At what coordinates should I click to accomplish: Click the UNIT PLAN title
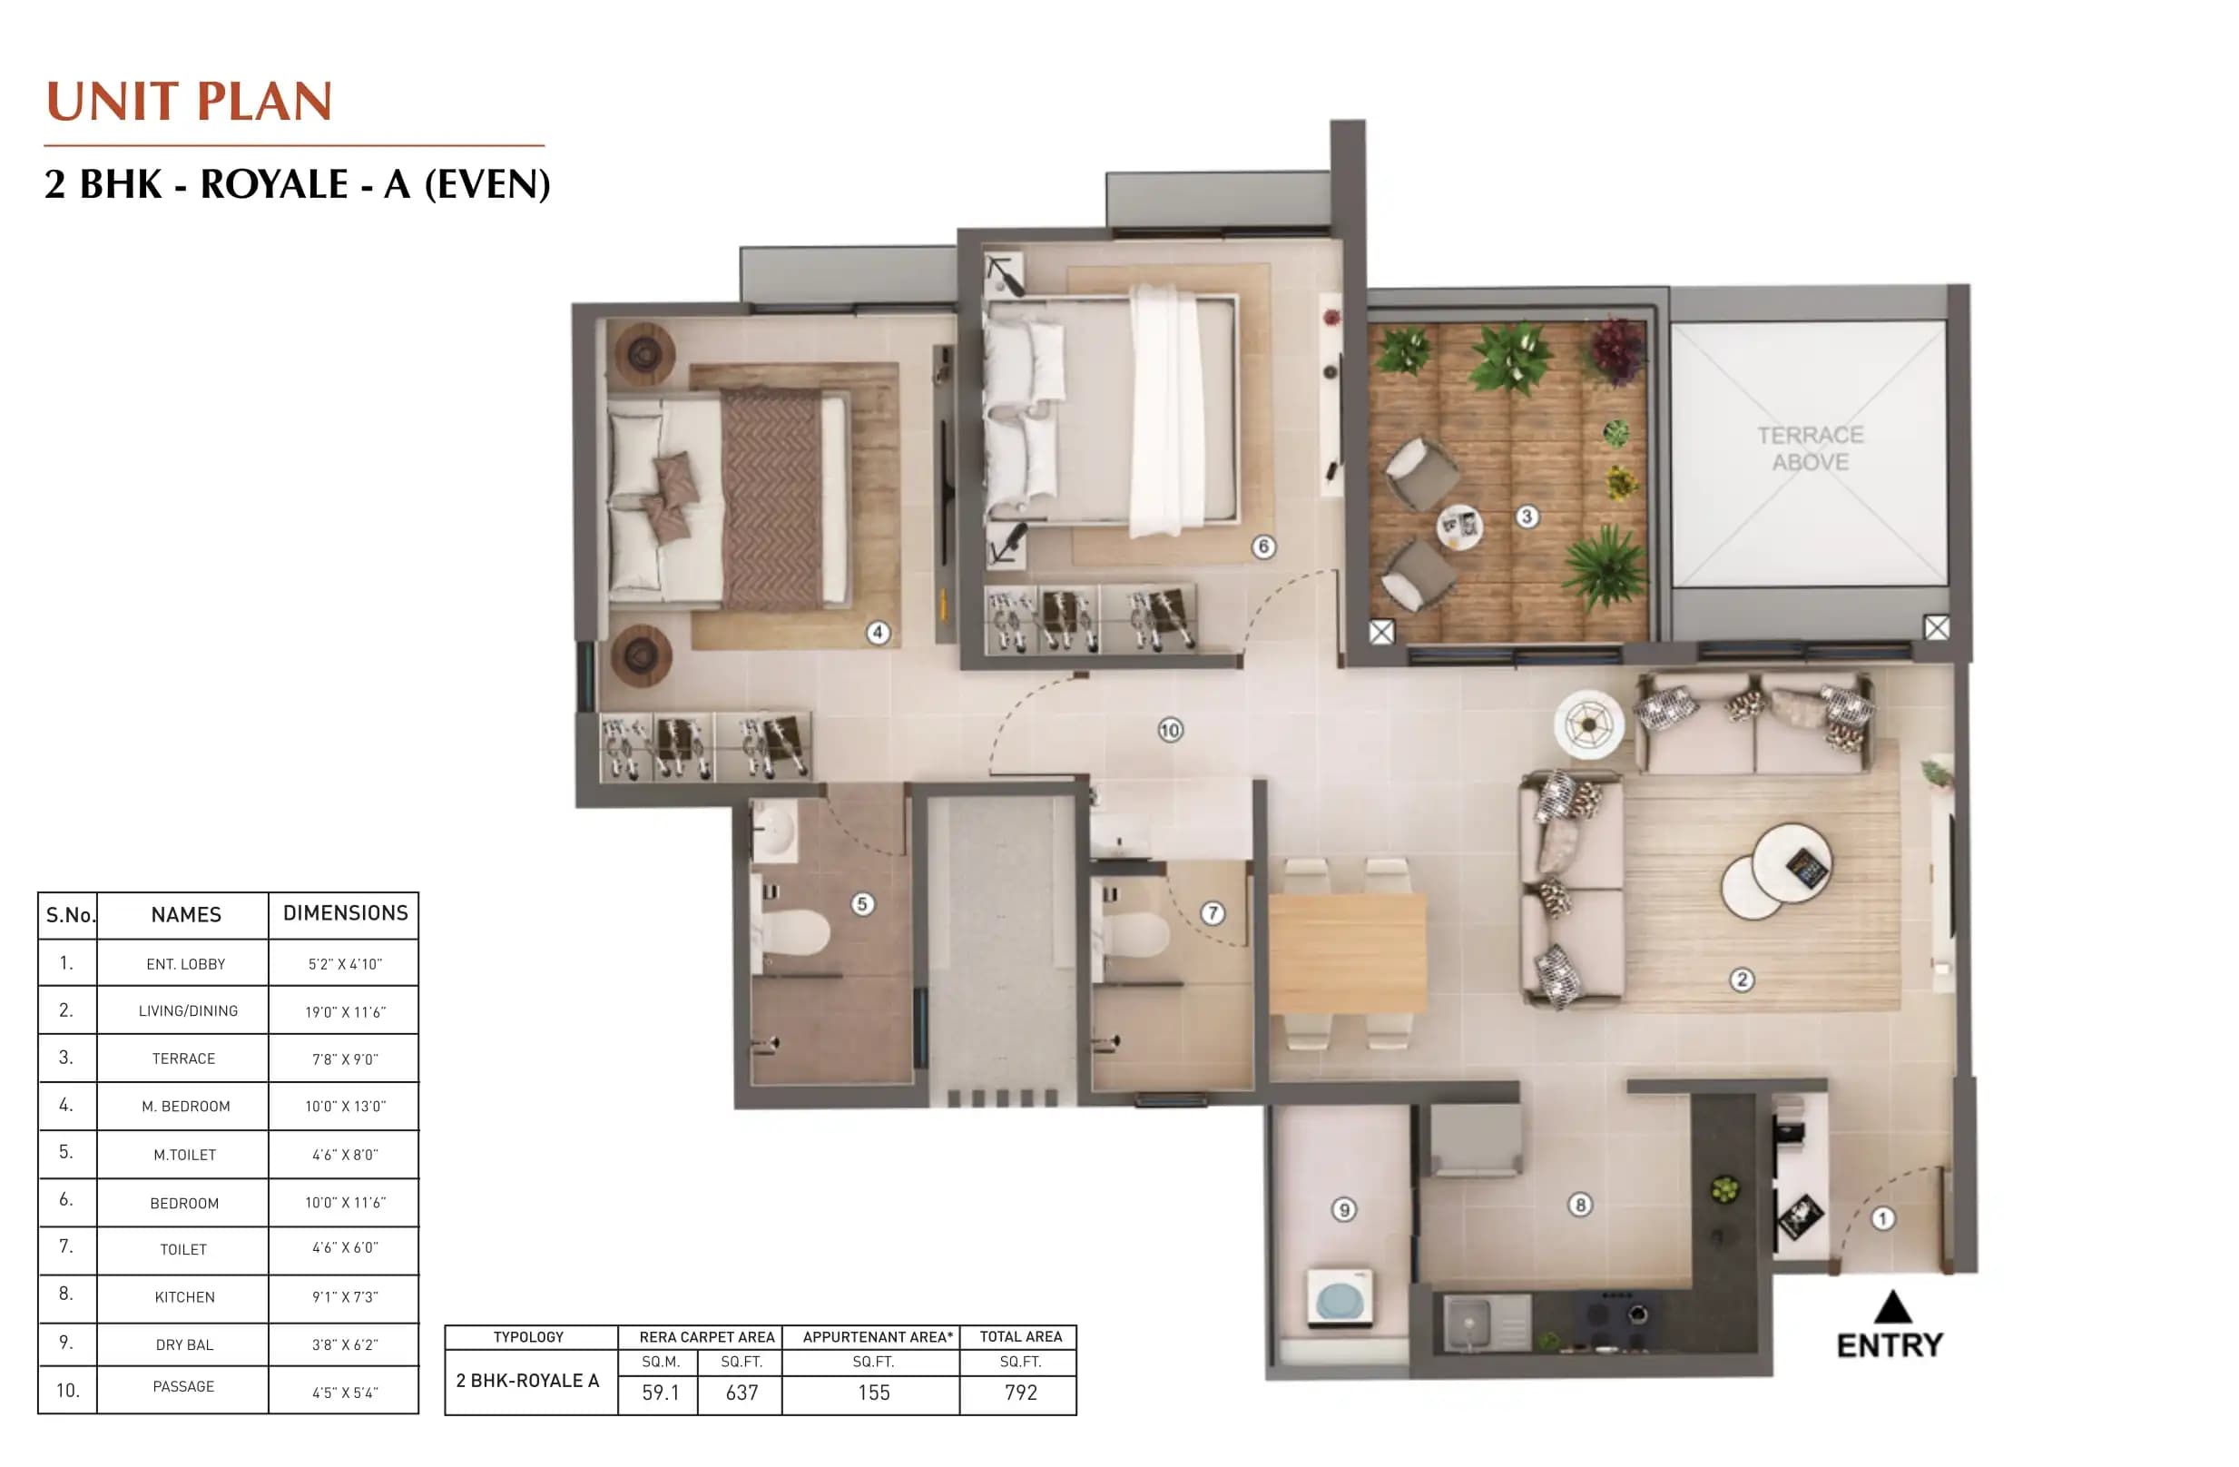[x=189, y=102]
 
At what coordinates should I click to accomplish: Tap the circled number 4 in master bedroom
[x=878, y=633]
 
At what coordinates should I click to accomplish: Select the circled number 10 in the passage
[x=1169, y=730]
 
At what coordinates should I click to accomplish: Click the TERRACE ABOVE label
[x=1810, y=448]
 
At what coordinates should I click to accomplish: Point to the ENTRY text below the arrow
[x=1889, y=1345]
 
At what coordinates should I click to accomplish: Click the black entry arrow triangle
[x=1892, y=1307]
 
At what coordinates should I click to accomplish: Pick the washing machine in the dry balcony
[x=1340, y=1298]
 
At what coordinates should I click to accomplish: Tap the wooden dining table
[x=1346, y=954]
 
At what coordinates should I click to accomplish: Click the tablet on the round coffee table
[x=1806, y=867]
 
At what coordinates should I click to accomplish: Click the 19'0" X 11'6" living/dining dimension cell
[x=344, y=1012]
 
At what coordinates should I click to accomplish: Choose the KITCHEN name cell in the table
[x=184, y=1296]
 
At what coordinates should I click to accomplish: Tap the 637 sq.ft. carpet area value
[x=741, y=1393]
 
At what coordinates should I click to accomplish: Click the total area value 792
[x=1020, y=1393]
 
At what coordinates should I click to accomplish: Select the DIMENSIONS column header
[x=345, y=912]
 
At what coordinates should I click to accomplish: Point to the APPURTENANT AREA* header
[x=877, y=1337]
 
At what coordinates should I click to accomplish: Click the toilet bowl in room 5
[x=796, y=932]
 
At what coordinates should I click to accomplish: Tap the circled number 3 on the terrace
[x=1527, y=516]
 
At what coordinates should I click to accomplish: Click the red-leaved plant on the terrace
[x=1615, y=350]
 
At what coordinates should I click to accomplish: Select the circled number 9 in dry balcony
[x=1343, y=1210]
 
